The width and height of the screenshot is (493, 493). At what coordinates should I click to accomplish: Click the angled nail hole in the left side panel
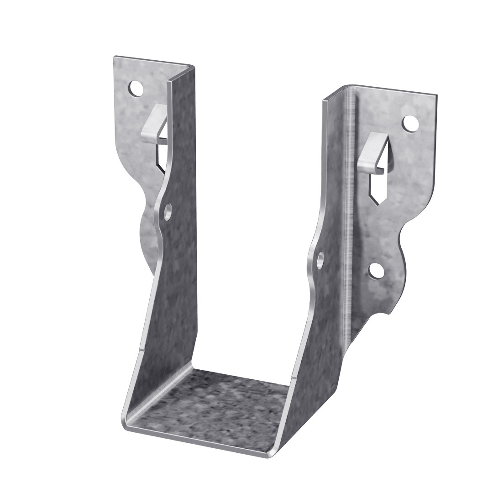[168, 211]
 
